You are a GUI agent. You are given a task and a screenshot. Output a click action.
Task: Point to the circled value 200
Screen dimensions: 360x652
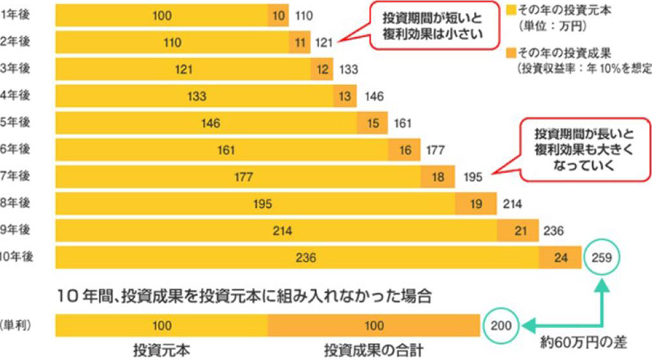(x=500, y=325)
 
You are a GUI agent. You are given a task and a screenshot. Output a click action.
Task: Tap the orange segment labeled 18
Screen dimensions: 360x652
(x=438, y=177)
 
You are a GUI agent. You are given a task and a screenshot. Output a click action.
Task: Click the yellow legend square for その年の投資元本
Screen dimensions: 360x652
(x=511, y=9)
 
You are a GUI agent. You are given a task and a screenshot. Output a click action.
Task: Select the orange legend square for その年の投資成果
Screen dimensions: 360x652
(x=511, y=54)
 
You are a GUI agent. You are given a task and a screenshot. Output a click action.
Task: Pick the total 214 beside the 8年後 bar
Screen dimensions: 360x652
(x=512, y=204)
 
